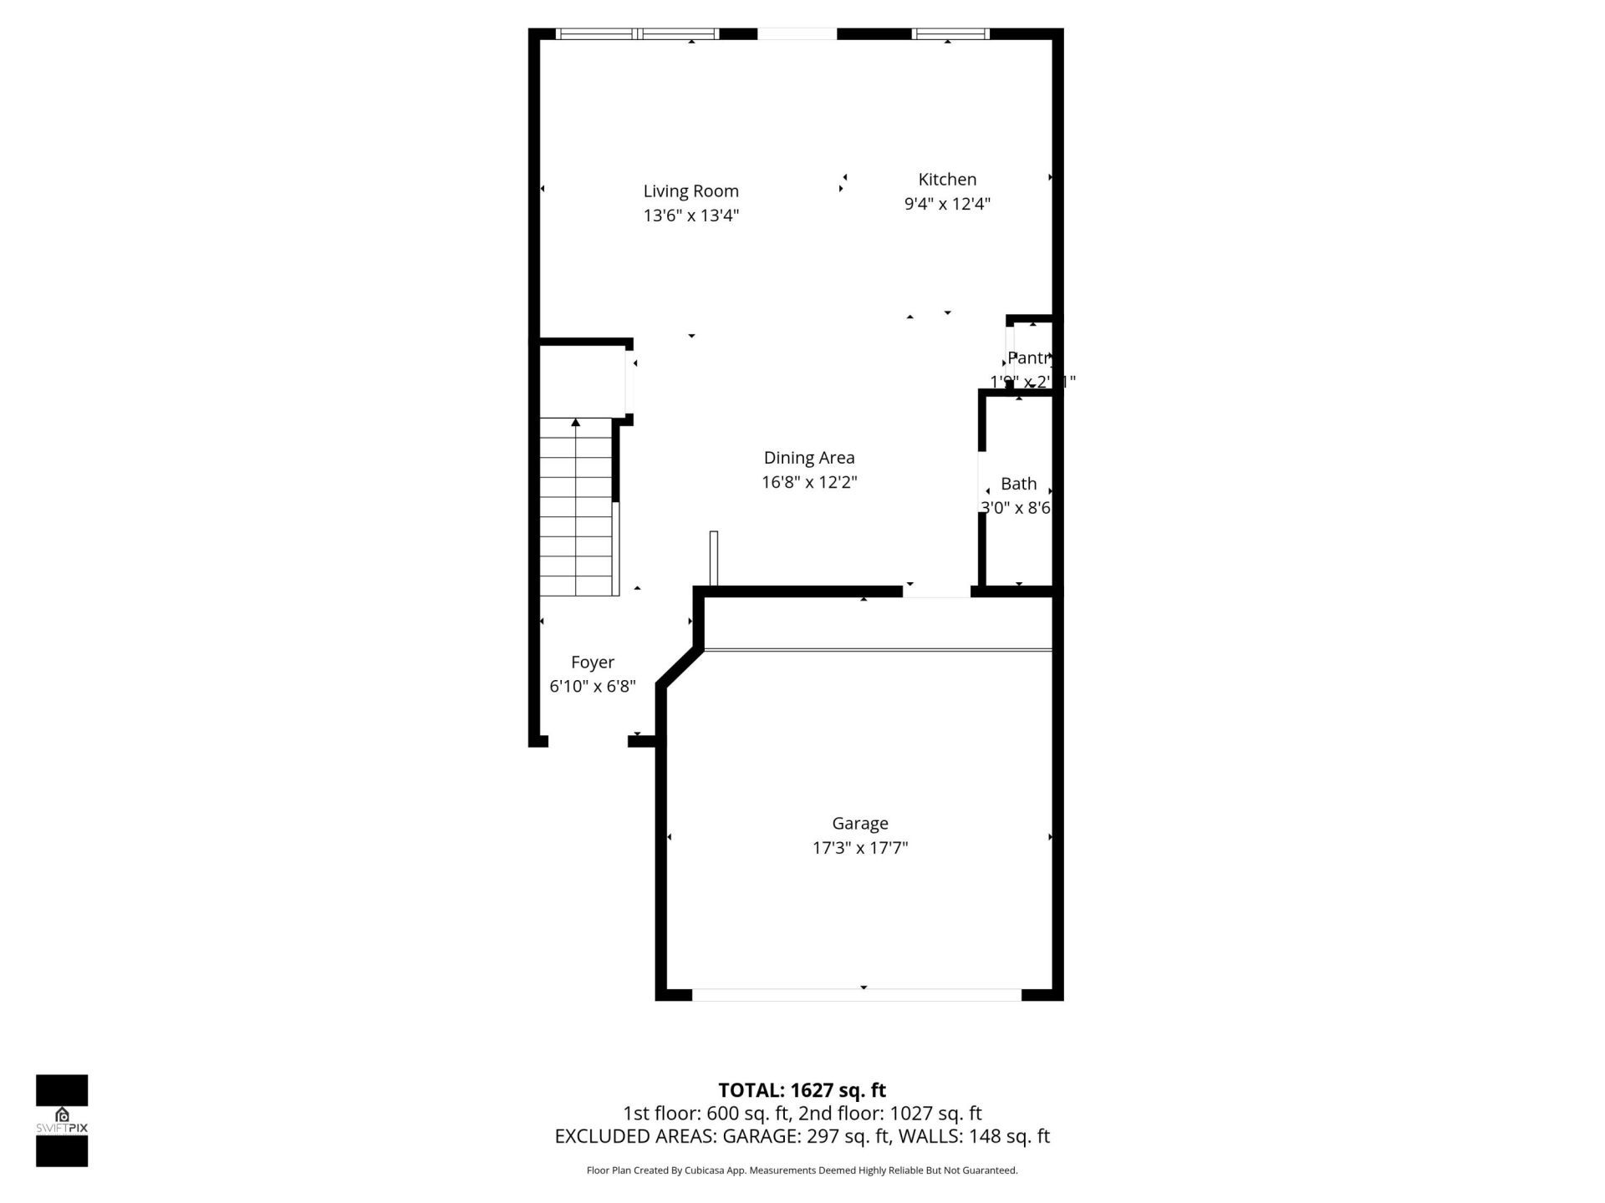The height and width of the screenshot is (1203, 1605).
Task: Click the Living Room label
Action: coord(690,191)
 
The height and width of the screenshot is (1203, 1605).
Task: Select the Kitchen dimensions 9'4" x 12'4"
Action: coord(947,204)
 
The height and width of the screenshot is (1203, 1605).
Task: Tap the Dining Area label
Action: coord(808,458)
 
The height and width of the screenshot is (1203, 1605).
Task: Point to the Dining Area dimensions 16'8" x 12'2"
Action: coord(808,482)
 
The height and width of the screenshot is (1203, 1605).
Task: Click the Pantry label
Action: coord(1028,358)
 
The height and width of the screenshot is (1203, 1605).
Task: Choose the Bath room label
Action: coord(1018,484)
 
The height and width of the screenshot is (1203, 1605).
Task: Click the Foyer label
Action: coord(592,662)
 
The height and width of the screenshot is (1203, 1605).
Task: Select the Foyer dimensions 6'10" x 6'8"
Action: coord(592,687)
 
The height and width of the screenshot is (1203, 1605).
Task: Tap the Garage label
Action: coord(859,824)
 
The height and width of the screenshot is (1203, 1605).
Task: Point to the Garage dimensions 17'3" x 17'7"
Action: coord(859,848)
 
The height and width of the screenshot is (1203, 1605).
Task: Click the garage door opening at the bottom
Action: coord(857,994)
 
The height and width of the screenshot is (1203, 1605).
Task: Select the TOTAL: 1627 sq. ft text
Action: coord(802,1090)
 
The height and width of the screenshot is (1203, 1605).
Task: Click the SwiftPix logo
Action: coord(62,1119)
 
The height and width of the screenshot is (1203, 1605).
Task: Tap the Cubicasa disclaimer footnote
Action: coord(802,1170)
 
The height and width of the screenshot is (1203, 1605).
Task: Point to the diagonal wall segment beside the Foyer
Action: coord(679,667)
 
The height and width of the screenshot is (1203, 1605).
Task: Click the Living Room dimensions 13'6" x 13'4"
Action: coord(690,216)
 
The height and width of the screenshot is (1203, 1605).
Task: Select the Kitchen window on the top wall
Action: coord(950,34)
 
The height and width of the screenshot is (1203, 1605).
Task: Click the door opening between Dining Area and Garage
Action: coord(936,591)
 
